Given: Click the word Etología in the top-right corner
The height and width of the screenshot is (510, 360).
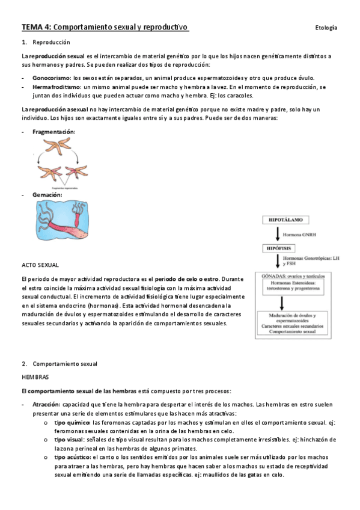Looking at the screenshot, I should [x=326, y=28].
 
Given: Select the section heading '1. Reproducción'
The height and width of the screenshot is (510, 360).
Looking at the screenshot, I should [x=46, y=43].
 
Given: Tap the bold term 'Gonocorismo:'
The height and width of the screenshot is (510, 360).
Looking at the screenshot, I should [x=52, y=78].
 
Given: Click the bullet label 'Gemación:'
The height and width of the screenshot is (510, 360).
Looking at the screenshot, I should [x=47, y=195].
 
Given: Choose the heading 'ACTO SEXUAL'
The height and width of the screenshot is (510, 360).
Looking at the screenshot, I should [x=40, y=265].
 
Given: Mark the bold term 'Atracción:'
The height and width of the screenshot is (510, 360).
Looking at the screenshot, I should [x=46, y=405].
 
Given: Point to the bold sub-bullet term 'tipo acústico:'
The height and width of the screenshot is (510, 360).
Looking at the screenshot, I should [x=74, y=457].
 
